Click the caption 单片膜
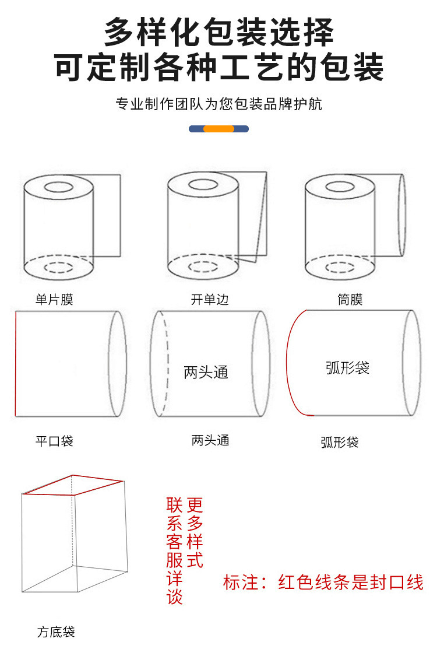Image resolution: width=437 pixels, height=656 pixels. [x=54, y=300]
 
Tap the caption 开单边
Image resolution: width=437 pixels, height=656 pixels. [x=210, y=300]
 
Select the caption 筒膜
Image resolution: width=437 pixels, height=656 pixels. [x=350, y=300]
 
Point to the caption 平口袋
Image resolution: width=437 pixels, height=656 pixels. [x=54, y=441]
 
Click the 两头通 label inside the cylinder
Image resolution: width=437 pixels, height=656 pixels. [x=206, y=373]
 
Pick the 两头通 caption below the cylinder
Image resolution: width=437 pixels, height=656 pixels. [x=210, y=440]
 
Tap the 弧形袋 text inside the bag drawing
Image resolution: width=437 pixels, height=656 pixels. [x=348, y=368]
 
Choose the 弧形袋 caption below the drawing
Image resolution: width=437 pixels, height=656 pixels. [x=340, y=442]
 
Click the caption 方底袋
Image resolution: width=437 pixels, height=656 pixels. [x=56, y=632]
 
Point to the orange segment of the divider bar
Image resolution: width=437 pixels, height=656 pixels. [x=218, y=129]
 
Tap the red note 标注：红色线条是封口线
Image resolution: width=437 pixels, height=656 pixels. [x=323, y=582]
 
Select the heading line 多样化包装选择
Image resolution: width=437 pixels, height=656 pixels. [x=218, y=32]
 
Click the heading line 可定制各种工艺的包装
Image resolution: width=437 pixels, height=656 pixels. [x=218, y=67]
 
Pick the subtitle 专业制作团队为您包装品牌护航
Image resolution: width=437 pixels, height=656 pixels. [x=218, y=104]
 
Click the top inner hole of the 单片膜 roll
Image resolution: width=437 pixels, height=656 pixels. [x=58, y=188]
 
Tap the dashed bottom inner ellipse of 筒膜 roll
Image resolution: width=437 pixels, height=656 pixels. [x=340, y=268]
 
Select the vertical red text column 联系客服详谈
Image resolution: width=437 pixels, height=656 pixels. [x=175, y=551]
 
